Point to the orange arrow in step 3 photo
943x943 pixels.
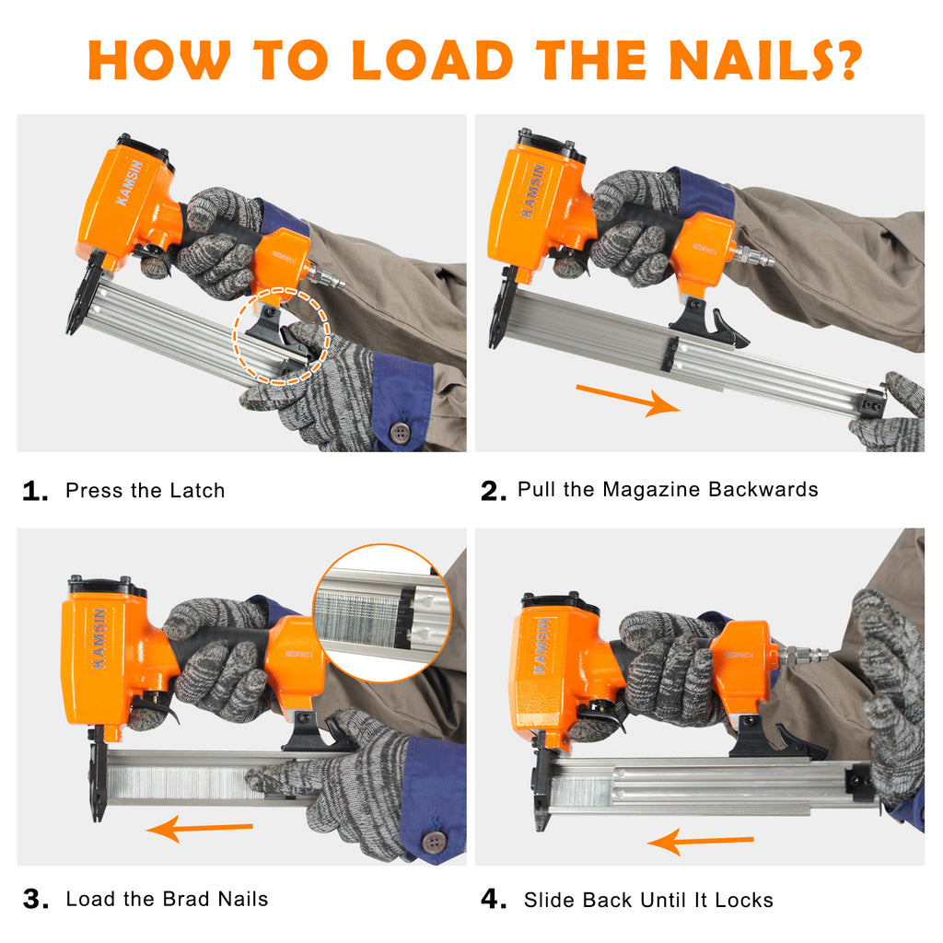[x=199, y=829]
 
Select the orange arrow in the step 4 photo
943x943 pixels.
[x=701, y=841]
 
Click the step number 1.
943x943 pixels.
[x=35, y=491]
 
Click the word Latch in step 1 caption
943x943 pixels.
[x=197, y=490]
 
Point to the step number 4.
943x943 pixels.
[x=494, y=899]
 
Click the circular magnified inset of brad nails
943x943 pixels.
[x=382, y=612]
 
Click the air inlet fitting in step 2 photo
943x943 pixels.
[x=754, y=256]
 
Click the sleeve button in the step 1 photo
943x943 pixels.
[x=400, y=431]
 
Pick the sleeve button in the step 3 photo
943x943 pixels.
[x=433, y=842]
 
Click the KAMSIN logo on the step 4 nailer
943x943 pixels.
[x=541, y=646]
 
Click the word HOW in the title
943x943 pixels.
[x=159, y=60]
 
